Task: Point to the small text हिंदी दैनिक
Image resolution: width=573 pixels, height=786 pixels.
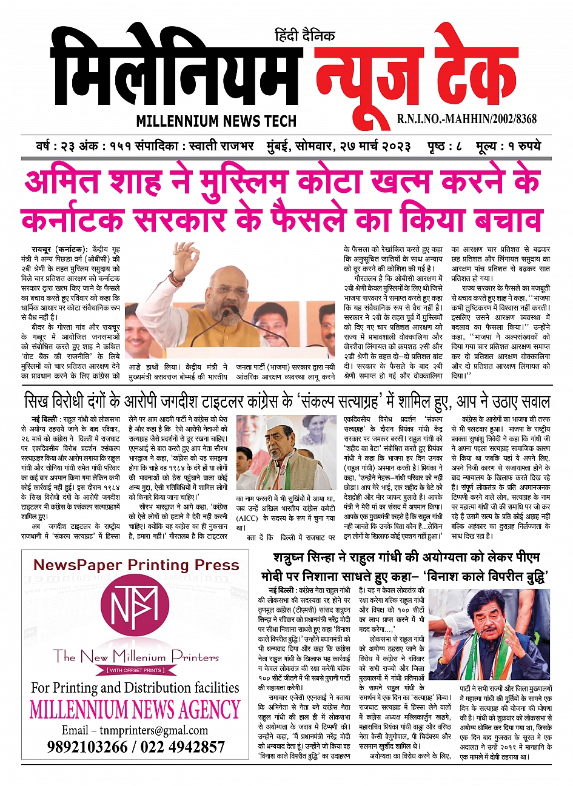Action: (x=304, y=36)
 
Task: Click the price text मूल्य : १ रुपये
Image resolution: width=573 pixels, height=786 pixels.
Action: (x=508, y=146)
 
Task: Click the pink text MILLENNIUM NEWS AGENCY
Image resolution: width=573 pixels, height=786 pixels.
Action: (x=135, y=709)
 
